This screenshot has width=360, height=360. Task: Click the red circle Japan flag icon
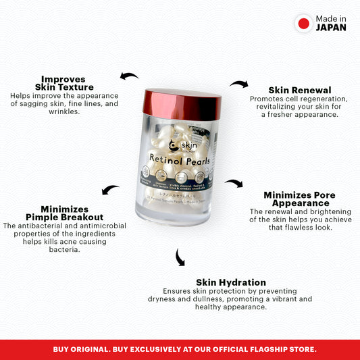303,24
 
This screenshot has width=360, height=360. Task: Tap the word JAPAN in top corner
331,28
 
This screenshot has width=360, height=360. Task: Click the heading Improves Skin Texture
67,83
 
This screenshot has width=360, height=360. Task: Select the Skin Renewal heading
299,90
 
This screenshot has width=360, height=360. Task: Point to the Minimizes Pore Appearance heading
299,199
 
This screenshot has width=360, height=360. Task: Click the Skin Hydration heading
230,282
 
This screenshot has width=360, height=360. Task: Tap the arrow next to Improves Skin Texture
129,76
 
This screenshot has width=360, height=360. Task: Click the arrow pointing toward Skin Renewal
238,84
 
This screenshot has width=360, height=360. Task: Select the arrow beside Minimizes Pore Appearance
234,183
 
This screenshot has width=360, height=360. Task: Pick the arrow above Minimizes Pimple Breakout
110,190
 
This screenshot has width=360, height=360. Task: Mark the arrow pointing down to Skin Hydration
180,257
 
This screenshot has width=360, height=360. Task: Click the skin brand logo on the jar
178,145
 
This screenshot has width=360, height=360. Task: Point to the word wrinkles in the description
65,112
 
